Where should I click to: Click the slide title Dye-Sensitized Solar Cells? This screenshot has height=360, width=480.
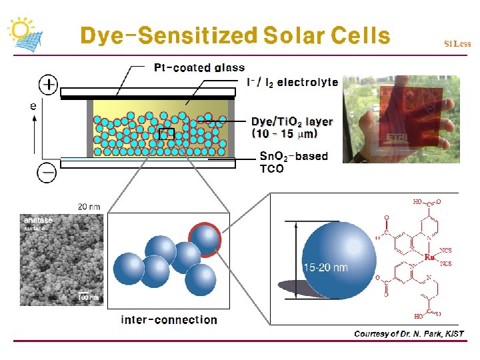coord(234,35)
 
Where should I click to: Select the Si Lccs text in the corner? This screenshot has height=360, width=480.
coord(457,44)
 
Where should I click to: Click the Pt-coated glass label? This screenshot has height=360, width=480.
coord(199,67)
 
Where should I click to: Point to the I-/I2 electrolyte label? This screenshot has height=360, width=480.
coord(292,82)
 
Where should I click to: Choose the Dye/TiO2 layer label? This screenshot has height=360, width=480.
coord(291,127)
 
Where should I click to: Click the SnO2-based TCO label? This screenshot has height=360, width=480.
coord(293,162)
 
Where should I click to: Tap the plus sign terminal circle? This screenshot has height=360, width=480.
coord(49,85)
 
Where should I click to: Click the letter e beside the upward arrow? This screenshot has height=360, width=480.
coord(33,105)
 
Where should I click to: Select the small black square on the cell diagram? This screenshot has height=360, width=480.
coord(166,133)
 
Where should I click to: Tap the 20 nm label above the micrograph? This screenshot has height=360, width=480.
coord(89,207)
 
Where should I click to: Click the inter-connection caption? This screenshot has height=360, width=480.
coord(169,320)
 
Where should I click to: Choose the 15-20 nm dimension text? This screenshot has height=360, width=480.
coord(325,267)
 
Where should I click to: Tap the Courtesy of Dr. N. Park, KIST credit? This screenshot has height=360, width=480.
coord(409,333)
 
